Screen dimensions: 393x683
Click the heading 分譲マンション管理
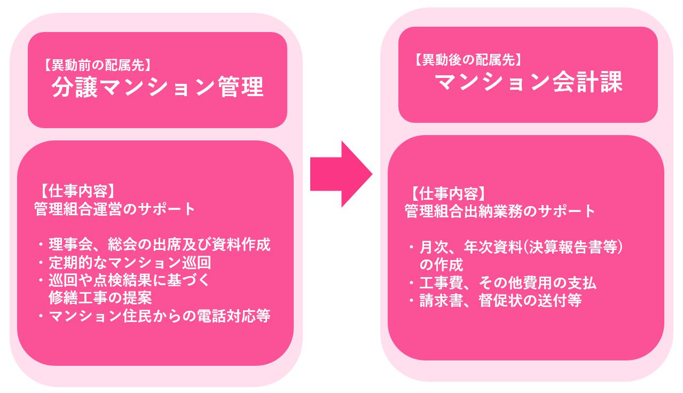click(158, 88)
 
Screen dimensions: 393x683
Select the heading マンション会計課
click(528, 83)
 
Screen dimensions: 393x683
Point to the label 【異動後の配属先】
click(466, 60)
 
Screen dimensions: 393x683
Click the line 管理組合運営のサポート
click(115, 209)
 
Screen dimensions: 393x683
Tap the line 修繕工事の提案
click(100, 297)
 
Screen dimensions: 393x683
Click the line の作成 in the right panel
click(441, 265)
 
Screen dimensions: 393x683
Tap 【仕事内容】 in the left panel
click(75, 191)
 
